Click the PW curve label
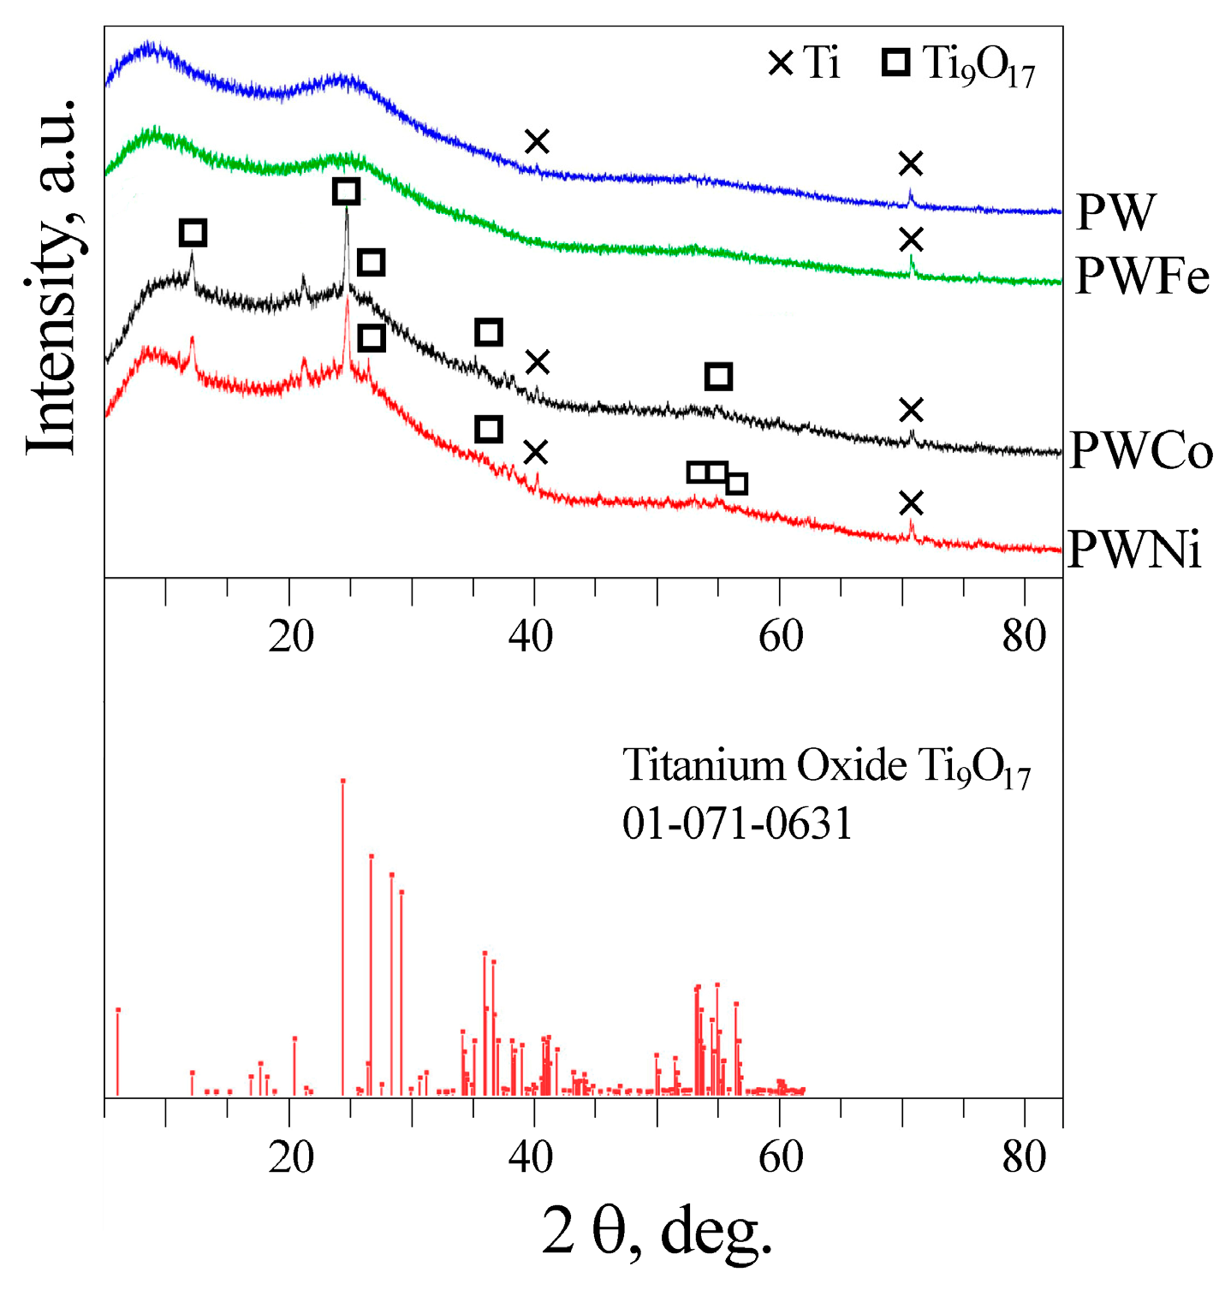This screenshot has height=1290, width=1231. click(1115, 211)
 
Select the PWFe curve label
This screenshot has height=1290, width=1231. click(1142, 276)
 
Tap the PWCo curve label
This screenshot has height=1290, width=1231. click(1141, 450)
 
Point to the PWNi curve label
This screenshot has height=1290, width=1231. click(1134, 549)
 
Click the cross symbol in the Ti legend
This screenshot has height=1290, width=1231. click(781, 63)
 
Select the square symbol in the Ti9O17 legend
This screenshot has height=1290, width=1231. click(896, 63)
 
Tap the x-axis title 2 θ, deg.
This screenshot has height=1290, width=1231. click(657, 1231)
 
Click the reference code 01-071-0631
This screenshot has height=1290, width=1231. click(737, 823)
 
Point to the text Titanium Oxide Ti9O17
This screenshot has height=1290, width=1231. click(826, 765)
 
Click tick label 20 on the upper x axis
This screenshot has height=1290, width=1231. click(290, 636)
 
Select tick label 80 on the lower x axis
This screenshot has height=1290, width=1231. click(1024, 1157)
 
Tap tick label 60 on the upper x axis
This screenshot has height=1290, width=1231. click(780, 636)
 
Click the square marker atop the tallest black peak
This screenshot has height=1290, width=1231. click(346, 191)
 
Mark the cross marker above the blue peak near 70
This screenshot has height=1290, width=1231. click(911, 163)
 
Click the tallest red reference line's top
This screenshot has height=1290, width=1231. click(342, 781)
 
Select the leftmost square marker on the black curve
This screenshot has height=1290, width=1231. click(193, 232)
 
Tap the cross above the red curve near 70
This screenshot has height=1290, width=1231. click(912, 503)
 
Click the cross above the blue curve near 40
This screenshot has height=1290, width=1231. click(537, 141)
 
